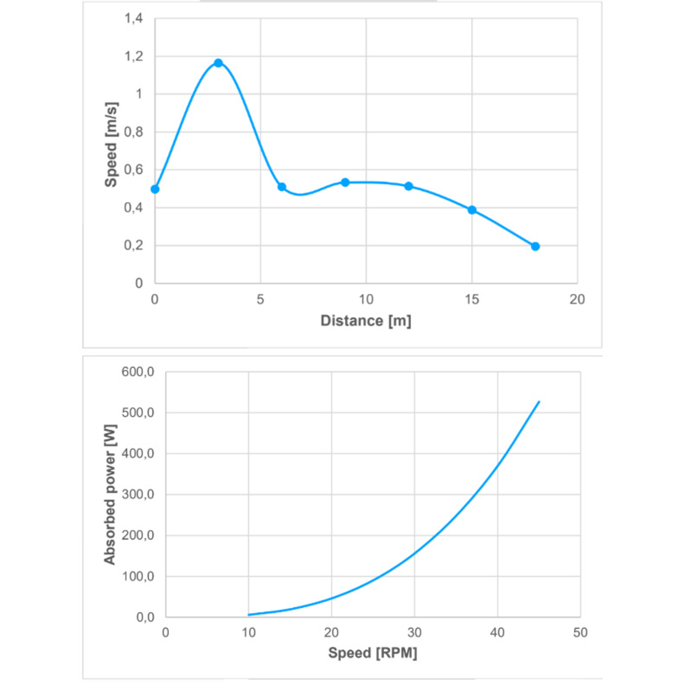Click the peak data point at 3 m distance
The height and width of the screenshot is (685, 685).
218,63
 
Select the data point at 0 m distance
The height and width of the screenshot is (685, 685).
155,189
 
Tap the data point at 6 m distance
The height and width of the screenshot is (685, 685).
282,187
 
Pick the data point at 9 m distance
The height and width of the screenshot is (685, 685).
345,182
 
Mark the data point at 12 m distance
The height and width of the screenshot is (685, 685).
408,186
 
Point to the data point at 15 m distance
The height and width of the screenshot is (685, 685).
472,210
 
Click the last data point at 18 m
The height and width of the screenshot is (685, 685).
535,246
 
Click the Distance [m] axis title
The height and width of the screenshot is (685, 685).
366,321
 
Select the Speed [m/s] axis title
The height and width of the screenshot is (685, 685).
111,145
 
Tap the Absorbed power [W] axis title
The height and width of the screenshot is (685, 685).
110,494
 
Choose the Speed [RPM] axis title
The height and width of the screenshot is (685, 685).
372,653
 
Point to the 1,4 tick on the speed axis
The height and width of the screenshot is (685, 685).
134,18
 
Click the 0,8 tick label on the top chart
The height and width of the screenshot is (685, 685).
134,132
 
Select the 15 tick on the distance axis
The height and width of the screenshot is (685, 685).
472,299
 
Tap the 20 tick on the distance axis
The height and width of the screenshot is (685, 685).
577,299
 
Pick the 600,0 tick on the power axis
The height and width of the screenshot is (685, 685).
138,372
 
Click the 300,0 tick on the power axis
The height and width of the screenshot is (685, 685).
138,494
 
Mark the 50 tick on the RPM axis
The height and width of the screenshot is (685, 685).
580,632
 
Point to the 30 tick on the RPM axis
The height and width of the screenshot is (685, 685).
414,632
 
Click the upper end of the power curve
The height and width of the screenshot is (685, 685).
539,402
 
